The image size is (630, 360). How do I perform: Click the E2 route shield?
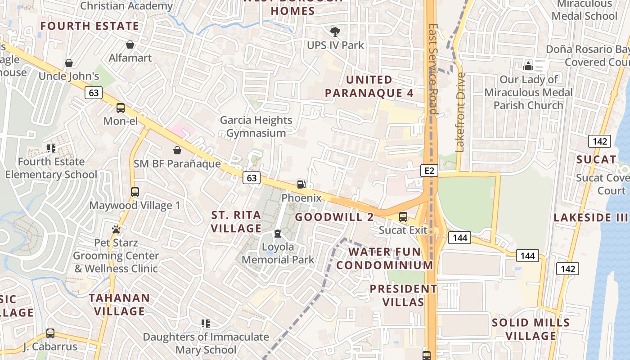[x=429, y=171]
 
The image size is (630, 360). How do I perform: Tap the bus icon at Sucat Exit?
[x=403, y=217]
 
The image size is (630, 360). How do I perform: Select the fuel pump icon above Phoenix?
[x=301, y=184]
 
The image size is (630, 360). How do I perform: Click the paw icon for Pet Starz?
[x=116, y=229]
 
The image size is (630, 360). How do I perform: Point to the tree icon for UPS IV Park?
[x=335, y=32]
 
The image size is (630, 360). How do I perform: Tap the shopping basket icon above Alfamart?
[x=130, y=45]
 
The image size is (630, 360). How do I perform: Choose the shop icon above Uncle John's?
[x=69, y=63]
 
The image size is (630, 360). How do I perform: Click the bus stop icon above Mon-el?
[x=121, y=108]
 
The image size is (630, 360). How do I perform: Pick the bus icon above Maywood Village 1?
[x=135, y=192]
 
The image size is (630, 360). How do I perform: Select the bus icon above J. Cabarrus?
[x=50, y=333]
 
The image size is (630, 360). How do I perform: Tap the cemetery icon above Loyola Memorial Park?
[x=278, y=234]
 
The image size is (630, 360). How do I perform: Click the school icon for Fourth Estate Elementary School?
[x=51, y=148]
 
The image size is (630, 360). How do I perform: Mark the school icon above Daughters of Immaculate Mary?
[x=206, y=323]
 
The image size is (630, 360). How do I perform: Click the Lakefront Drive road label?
[x=460, y=112]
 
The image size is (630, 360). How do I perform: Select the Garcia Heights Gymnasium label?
[x=256, y=126]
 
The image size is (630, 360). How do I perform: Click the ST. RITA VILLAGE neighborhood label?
[x=236, y=222]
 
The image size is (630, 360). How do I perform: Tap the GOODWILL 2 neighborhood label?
[x=334, y=217]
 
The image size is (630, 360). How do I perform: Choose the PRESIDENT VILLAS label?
[x=403, y=295]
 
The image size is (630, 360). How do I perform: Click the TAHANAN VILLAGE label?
[x=119, y=304]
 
